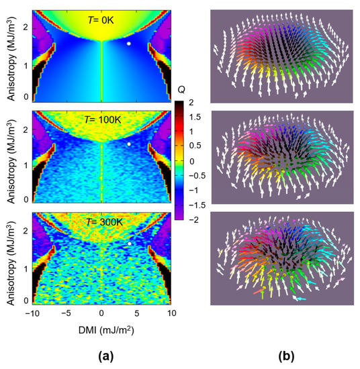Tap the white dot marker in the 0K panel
coord(129,44)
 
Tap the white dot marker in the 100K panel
coord(129,144)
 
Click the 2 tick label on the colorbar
coord(192,103)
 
